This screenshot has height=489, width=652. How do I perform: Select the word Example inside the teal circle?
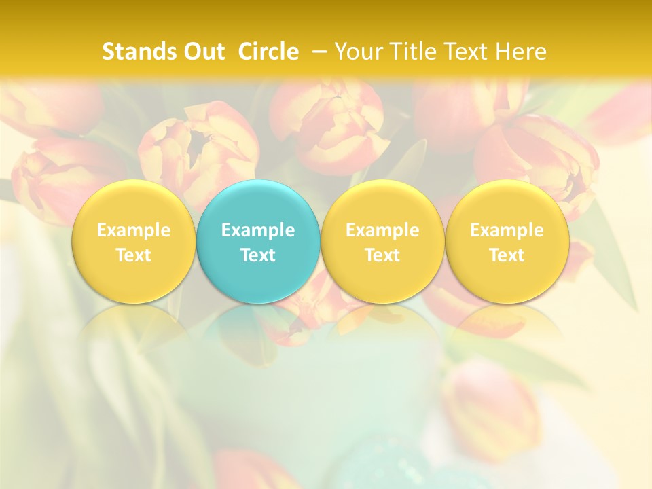pyautogui.click(x=258, y=230)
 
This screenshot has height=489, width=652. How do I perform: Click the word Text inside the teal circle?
pyautogui.click(x=258, y=255)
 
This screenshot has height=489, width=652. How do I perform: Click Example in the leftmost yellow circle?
pyautogui.click(x=133, y=230)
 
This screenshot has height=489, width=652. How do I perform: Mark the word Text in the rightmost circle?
pyautogui.click(x=507, y=255)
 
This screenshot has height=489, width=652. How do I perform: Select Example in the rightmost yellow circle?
pyautogui.click(x=507, y=230)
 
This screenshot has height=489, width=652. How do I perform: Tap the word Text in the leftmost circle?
pyautogui.click(x=133, y=255)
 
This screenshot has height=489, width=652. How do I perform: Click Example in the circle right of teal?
pyautogui.click(x=382, y=230)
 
